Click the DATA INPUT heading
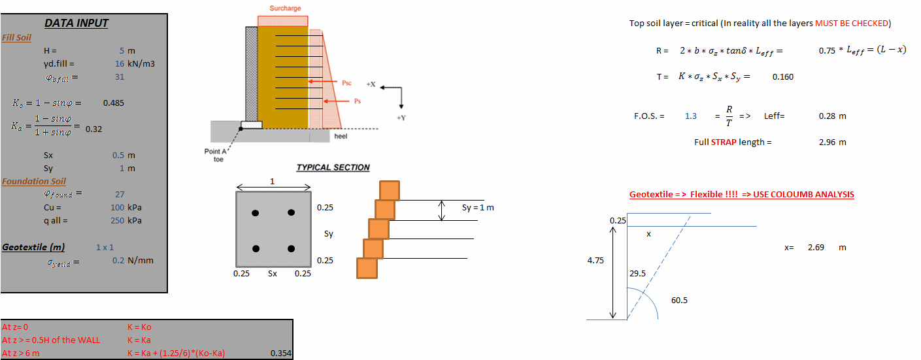coord(76,24)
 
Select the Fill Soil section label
coord(17,38)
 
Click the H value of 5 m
coord(127,51)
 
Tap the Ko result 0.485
coord(114,103)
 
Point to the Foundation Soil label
coord(34,182)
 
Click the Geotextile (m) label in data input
coord(33,248)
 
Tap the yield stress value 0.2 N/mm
coord(133,261)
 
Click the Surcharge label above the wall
coord(285,8)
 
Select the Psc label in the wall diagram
coord(346,84)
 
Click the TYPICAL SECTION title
coord(333,168)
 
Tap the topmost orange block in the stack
coord(390,190)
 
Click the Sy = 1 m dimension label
coord(478,208)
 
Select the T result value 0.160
coord(782,77)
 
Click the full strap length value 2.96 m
coord(832,142)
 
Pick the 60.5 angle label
coord(679,301)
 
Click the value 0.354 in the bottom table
coord(280,354)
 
